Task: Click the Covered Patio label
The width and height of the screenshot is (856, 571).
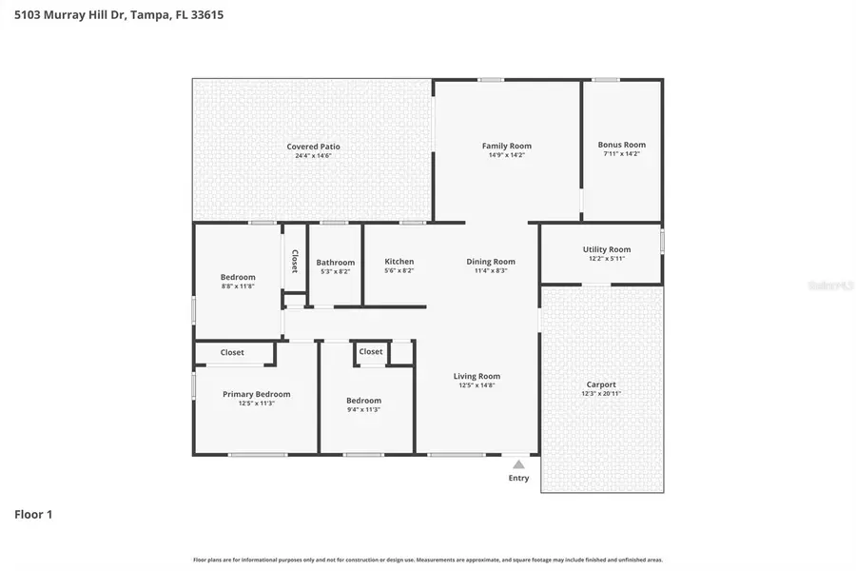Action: (313, 147)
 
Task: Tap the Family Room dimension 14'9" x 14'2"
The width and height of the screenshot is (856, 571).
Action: (506, 155)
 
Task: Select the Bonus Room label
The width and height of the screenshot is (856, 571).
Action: (621, 145)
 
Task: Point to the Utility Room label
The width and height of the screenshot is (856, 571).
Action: (606, 249)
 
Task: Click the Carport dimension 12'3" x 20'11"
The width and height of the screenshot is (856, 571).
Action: (601, 393)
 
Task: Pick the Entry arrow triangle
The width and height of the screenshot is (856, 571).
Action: (518, 464)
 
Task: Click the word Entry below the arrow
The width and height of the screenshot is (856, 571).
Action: (518, 478)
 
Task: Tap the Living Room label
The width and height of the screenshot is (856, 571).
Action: (477, 376)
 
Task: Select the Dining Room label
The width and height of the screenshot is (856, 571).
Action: (491, 262)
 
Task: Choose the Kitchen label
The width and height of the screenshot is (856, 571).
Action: (399, 262)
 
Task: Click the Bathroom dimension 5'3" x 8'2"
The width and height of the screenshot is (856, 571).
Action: (335, 271)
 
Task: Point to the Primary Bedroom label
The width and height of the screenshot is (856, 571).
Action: (256, 394)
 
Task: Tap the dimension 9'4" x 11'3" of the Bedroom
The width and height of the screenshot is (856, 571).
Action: (363, 409)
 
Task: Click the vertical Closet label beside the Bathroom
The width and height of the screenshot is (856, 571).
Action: (295, 262)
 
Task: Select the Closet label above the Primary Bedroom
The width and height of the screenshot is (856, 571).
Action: (232, 352)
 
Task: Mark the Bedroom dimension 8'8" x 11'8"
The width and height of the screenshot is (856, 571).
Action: (238, 285)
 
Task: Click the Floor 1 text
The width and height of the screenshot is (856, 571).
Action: (33, 515)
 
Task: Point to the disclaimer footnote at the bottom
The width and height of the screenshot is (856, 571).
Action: (428, 561)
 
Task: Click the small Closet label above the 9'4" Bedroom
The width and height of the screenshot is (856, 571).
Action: (371, 351)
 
